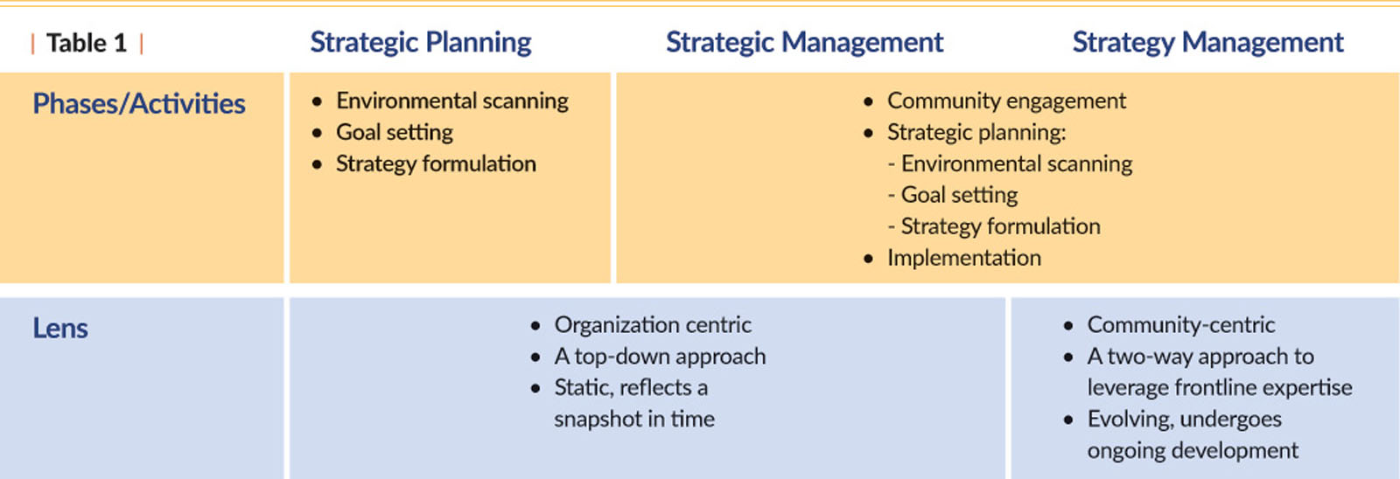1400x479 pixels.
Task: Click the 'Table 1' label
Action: [x=87, y=43]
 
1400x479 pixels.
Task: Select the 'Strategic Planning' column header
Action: [x=421, y=43]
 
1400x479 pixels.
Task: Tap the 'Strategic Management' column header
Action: [x=804, y=43]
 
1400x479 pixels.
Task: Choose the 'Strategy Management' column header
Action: [x=1207, y=43]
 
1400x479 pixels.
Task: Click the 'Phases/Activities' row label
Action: [x=139, y=104]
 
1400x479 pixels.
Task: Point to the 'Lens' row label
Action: [x=60, y=328]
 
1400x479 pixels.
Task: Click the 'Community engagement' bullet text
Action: [x=1006, y=101]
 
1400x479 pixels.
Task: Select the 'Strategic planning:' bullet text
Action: [x=976, y=133]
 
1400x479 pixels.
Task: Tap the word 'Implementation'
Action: [x=963, y=258]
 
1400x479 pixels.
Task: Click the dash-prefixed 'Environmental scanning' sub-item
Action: [x=1010, y=163]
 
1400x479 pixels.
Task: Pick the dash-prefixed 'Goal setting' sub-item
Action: [x=953, y=196]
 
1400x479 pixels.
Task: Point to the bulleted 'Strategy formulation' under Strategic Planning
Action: [x=436, y=164]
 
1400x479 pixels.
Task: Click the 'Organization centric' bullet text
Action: [x=653, y=325]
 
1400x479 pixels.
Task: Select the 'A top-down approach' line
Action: [x=660, y=357]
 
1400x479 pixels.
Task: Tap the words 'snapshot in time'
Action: [x=633, y=419]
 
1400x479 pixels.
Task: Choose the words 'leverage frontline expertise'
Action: [x=1220, y=388]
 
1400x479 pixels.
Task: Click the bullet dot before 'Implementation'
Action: [x=868, y=259]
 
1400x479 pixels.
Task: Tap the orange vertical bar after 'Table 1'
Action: [x=141, y=44]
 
